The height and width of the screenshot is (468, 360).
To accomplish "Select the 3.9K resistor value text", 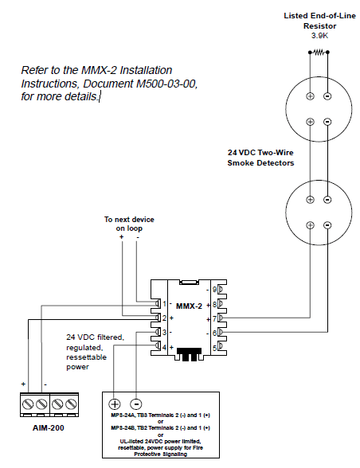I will pos(318,35).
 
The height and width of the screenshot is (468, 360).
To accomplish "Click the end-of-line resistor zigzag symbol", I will pos(319,52).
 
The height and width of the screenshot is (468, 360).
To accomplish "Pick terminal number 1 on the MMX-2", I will pos(164,304).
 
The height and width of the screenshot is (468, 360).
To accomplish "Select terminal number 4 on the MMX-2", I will pos(164,346).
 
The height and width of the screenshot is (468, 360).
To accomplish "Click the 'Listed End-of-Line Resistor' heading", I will pos(318,20).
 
